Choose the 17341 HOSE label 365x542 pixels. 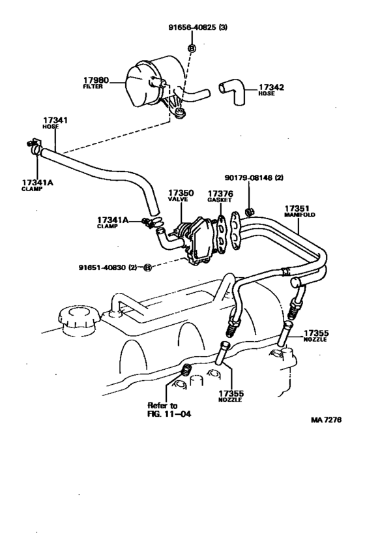[x=56, y=125]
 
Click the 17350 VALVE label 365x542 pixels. [x=179, y=197]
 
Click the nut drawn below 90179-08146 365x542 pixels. [x=249, y=211]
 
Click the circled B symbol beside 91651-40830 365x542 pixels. [x=147, y=267]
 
